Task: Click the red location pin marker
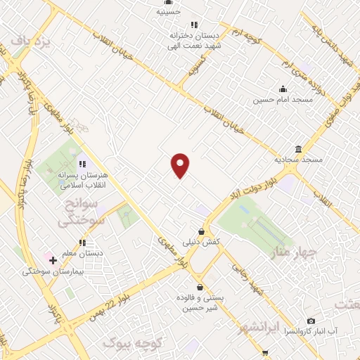coord(181,165)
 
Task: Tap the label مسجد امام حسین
coord(282,100)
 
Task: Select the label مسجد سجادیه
coord(298,160)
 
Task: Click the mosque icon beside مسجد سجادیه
coord(299,149)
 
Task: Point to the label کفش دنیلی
coord(202,241)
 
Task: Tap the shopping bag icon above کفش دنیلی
coord(202,231)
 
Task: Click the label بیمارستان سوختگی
coord(53,271)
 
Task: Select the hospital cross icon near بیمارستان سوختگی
coord(53,260)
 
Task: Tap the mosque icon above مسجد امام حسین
coord(283,89)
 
